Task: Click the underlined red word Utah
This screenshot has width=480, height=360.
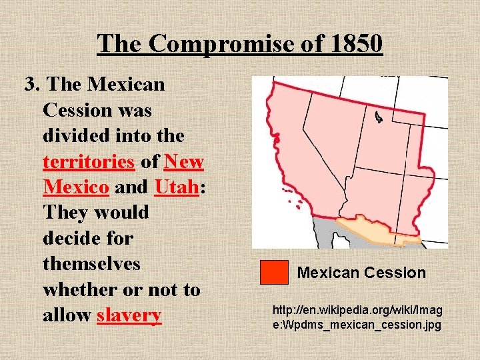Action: point(177,187)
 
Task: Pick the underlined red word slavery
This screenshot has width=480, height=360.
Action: point(129,315)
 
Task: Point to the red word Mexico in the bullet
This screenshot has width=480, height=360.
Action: point(75,187)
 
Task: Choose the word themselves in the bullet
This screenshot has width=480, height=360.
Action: point(91,263)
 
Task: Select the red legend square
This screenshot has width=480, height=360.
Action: point(274,272)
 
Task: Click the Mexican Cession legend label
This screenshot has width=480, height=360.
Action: point(361,273)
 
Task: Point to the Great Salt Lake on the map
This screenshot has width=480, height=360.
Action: point(379,118)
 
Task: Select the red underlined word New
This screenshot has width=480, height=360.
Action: point(183,161)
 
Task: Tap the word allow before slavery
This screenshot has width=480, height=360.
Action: point(67,315)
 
